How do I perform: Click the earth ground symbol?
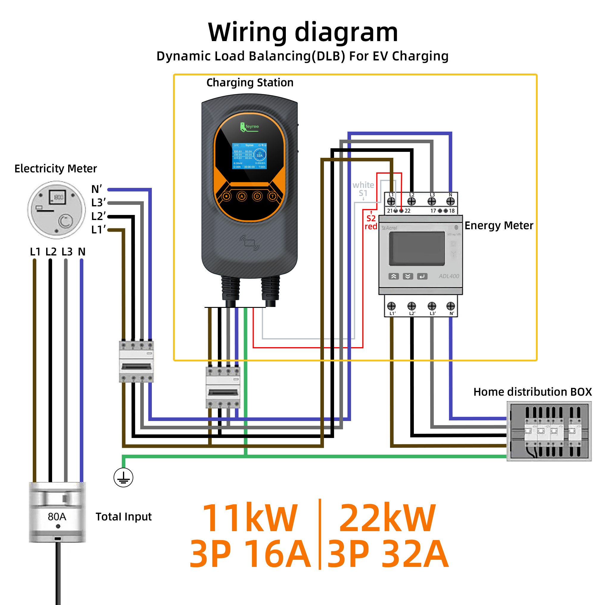click(123, 478)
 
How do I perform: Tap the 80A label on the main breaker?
click(57, 516)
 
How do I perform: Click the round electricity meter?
click(56, 210)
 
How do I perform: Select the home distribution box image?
click(549, 431)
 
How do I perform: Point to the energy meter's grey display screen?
click(417, 249)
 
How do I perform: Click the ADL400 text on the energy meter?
click(449, 276)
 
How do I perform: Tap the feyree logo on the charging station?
click(250, 127)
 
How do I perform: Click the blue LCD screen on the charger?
click(249, 156)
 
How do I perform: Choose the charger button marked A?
click(242, 196)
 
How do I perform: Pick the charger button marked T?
click(272, 196)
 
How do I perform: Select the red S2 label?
click(371, 218)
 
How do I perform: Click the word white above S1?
click(363, 185)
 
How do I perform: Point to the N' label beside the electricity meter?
click(96, 189)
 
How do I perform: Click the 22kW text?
click(387, 518)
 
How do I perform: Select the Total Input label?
click(123, 517)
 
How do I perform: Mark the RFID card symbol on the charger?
click(250, 243)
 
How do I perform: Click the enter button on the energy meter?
click(422, 276)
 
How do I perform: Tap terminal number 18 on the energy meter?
click(452, 211)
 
